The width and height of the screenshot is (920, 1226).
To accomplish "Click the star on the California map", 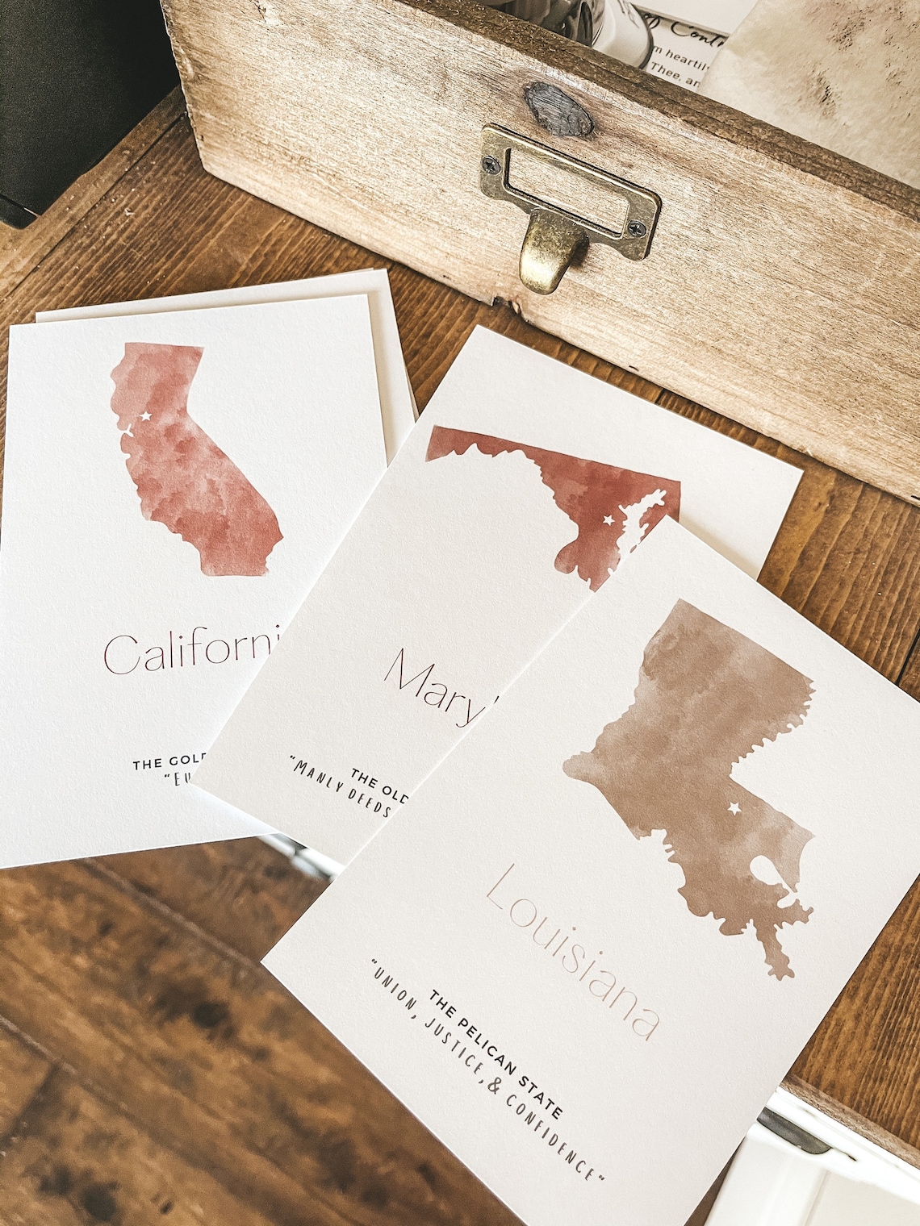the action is [146, 417].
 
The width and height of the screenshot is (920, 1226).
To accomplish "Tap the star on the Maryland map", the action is [609, 520].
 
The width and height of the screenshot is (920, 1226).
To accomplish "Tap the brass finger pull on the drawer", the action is [552, 256].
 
